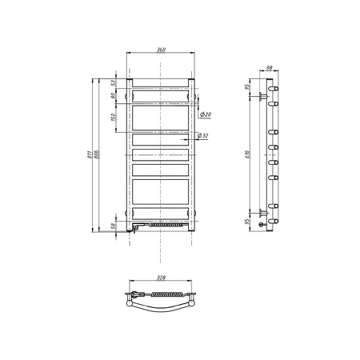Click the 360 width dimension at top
161,50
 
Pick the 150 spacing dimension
115,118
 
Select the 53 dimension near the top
114,82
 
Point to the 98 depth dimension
270,69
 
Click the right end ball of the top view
191,303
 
